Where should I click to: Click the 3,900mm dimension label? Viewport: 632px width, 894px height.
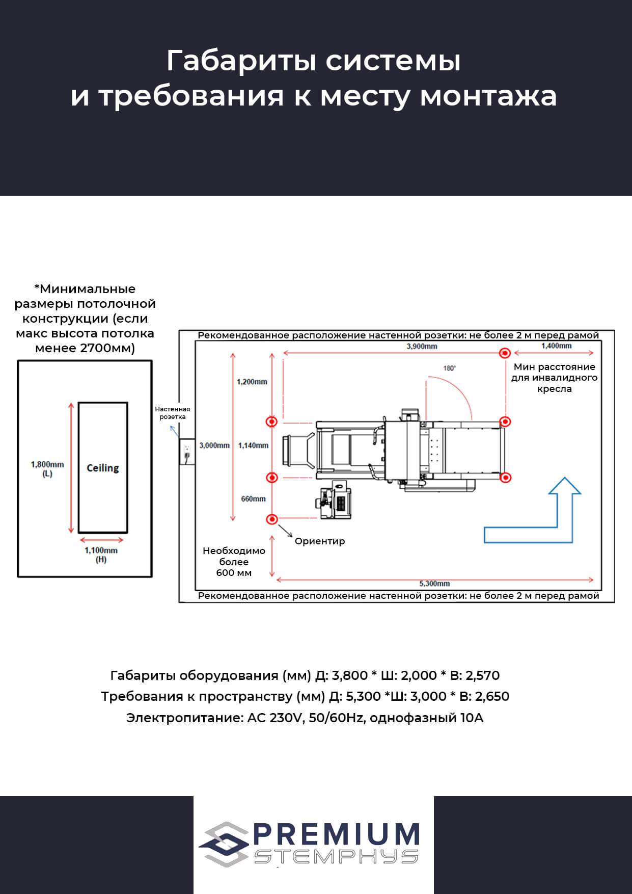(422, 346)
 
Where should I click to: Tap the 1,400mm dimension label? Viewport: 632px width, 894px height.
(556, 346)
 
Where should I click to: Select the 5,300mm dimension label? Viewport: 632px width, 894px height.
(434, 584)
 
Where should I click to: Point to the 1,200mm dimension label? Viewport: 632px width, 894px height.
(252, 382)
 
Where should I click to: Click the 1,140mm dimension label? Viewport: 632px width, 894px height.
(253, 445)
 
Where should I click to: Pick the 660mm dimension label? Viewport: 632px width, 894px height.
(253, 499)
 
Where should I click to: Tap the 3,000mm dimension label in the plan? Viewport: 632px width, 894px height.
(214, 445)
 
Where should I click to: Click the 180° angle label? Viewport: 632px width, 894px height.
(449, 368)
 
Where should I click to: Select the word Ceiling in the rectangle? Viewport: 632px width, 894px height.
(103, 468)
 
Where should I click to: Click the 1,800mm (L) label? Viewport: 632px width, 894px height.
(47, 468)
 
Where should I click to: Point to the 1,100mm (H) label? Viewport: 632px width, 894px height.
(101, 555)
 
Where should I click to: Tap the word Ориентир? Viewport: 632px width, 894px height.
(320, 541)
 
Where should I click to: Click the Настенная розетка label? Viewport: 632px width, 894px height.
(173, 413)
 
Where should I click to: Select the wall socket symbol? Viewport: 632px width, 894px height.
(187, 451)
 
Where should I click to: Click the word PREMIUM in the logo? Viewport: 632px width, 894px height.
(336, 834)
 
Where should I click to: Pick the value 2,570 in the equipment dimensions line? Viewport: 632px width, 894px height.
(482, 676)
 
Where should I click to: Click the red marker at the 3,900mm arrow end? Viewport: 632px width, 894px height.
(505, 353)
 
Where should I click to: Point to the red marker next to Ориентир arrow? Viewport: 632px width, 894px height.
(272, 519)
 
